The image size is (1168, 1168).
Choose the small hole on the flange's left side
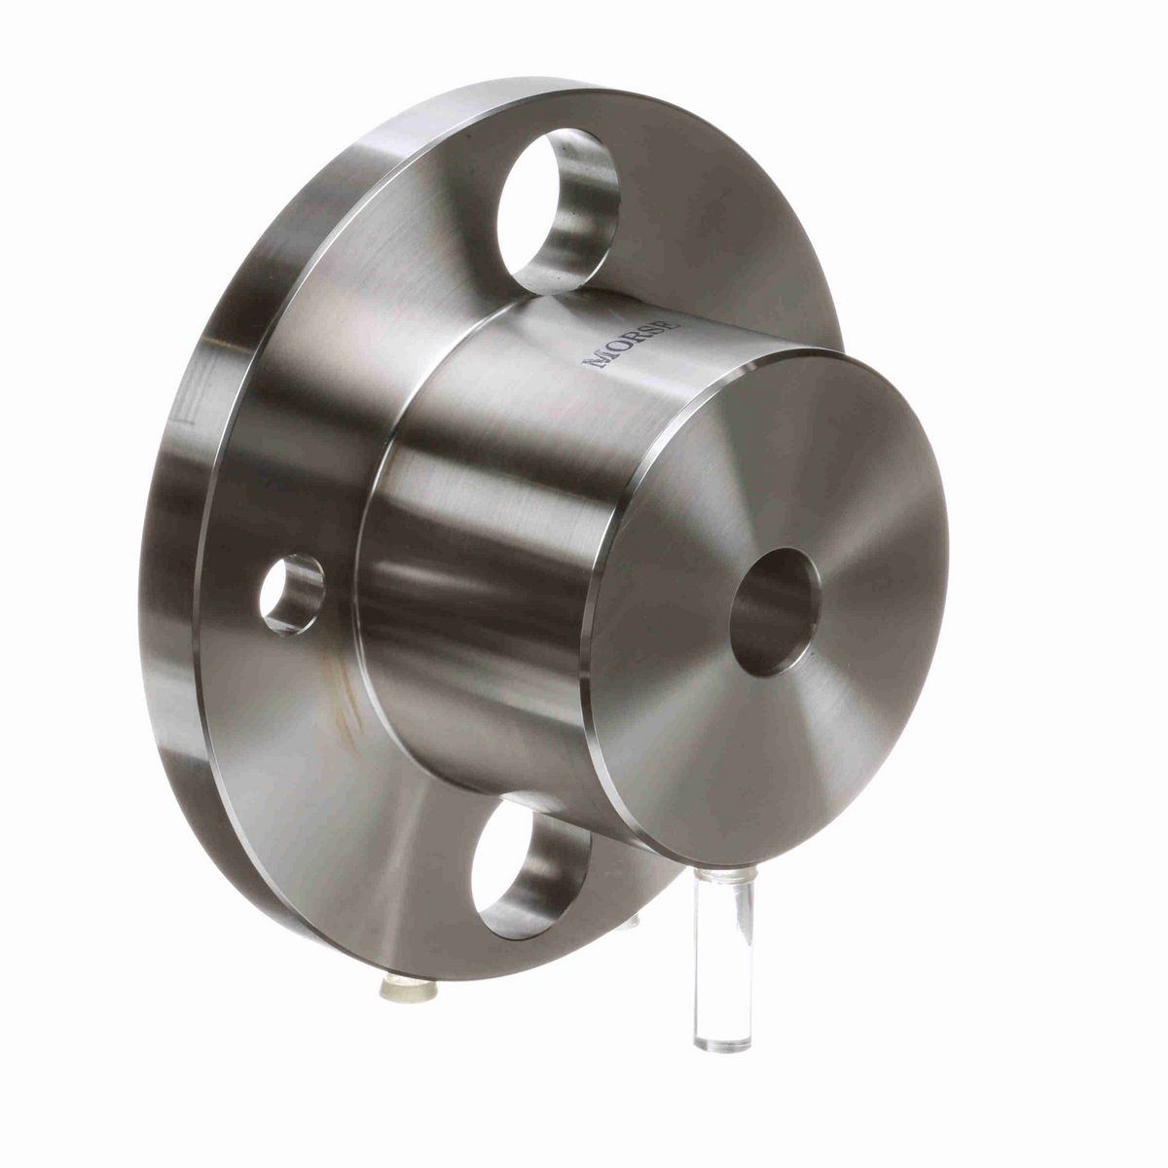click(292, 593)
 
